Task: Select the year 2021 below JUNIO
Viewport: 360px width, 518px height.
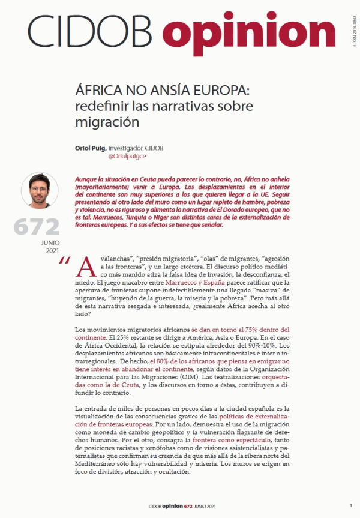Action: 53,250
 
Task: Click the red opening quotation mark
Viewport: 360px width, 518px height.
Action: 65,262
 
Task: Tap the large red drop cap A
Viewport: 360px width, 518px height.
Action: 86,267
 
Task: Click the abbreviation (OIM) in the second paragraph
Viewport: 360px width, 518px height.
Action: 214,376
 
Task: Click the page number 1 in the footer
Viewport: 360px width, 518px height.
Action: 350,506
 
